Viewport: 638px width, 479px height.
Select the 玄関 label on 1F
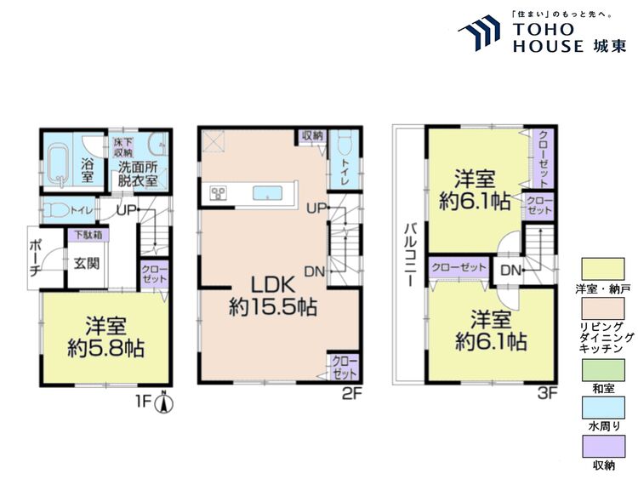(x=84, y=262)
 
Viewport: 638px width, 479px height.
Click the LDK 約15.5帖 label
(x=272, y=295)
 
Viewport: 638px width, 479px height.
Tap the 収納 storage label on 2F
(x=310, y=135)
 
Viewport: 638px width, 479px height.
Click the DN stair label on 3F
(x=510, y=271)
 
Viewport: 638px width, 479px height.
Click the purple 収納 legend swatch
(x=603, y=447)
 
